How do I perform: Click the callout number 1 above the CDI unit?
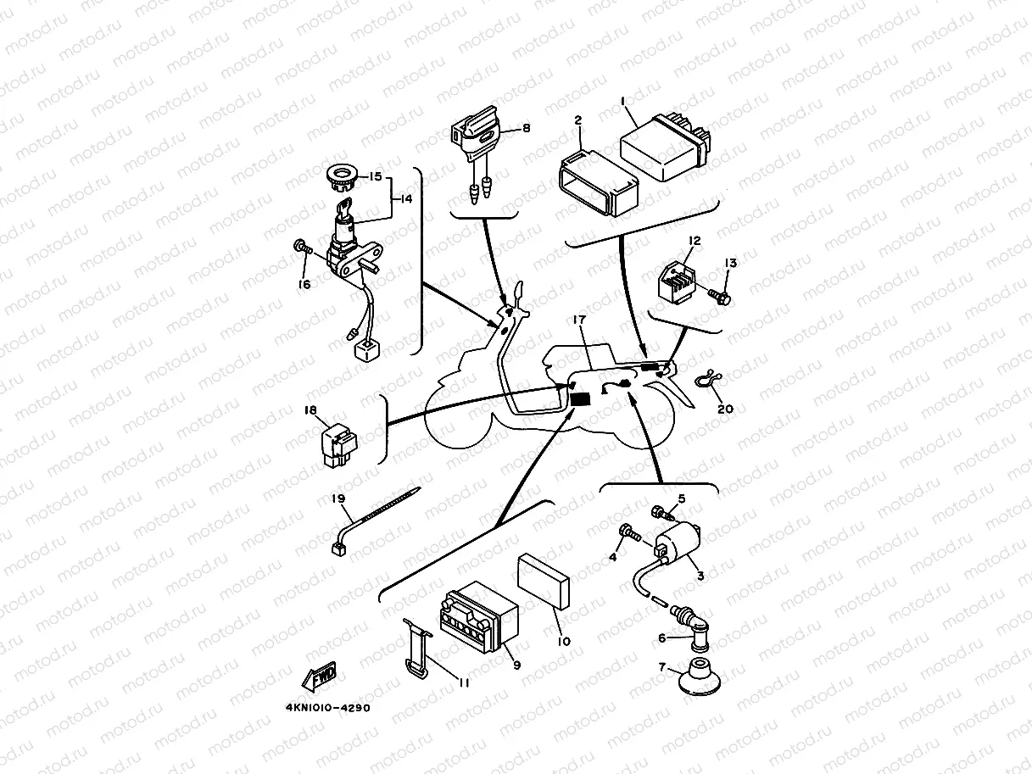click(623, 102)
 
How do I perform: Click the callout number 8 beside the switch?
click(526, 128)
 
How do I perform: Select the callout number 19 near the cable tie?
click(339, 501)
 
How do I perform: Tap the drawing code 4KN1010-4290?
click(327, 707)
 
